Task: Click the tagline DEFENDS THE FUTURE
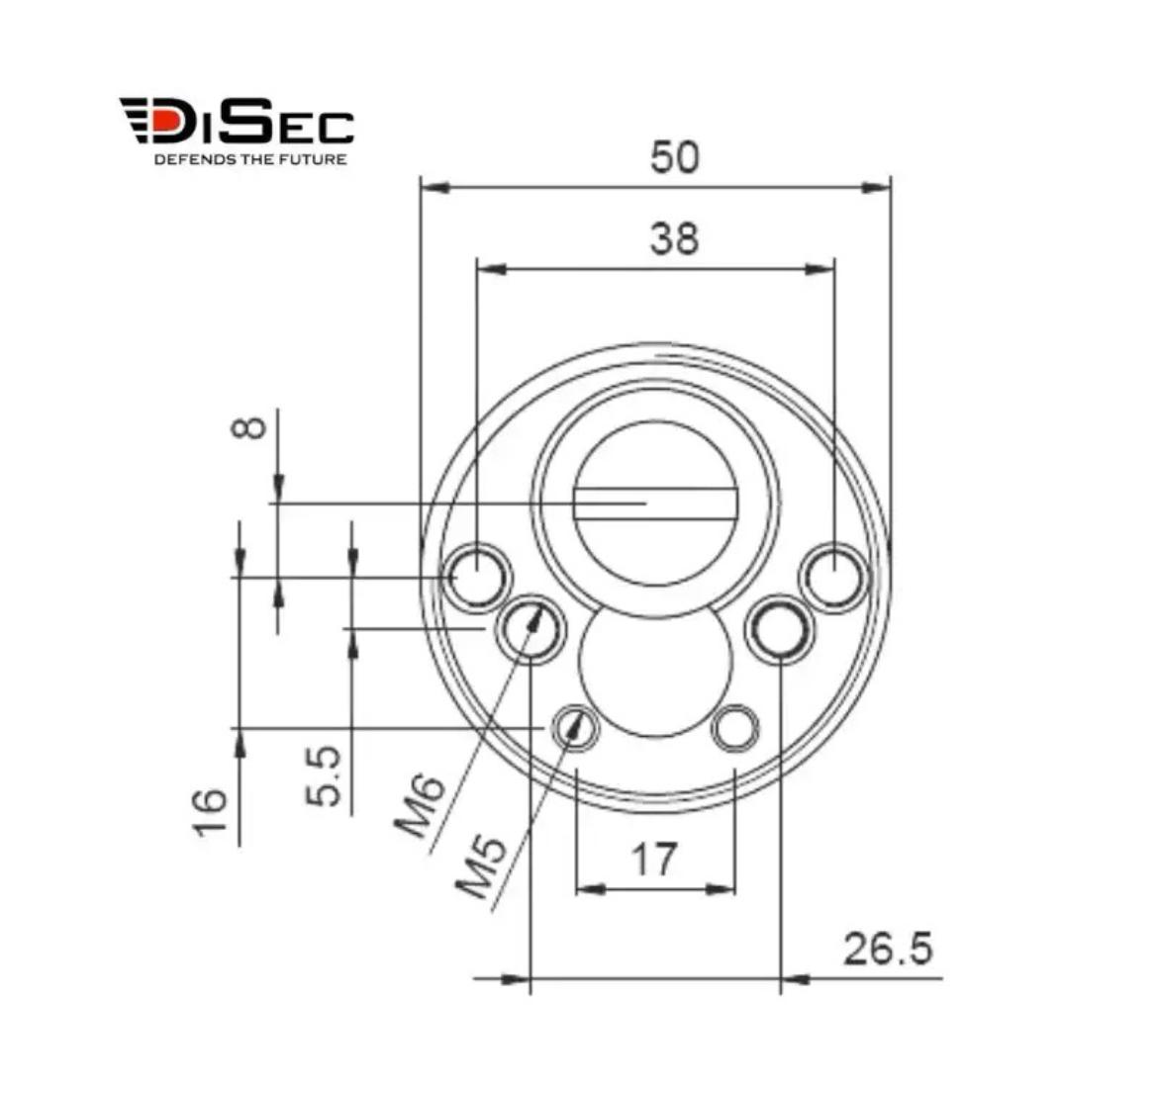[x=250, y=159]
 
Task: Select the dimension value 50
[x=674, y=157]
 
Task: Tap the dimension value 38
[x=674, y=239]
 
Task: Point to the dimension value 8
[x=249, y=427]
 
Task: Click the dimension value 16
[x=211, y=812]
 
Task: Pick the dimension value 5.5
[x=325, y=776]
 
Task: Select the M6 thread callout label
[x=420, y=806]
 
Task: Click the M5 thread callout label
[x=480, y=867]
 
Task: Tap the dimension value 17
[x=653, y=860]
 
